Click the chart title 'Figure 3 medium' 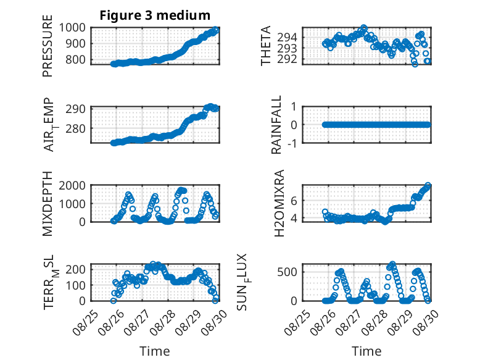tap(155, 15)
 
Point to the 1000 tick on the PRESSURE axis tap(72, 28)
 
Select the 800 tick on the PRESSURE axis tap(76, 59)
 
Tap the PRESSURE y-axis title tap(48, 46)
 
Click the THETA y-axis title tap(266, 46)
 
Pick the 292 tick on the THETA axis tap(287, 59)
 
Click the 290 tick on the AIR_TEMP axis tap(76, 109)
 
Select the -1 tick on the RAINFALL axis tap(292, 143)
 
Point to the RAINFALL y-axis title tap(276, 125)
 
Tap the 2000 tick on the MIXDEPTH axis tap(72, 185)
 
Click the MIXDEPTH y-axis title tap(48, 204)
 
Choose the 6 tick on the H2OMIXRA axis tap(294, 201)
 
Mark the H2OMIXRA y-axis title tap(279, 203)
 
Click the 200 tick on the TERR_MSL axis tap(76, 269)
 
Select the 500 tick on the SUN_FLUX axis tap(287, 272)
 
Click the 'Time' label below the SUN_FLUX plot tap(366, 351)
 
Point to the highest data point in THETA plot tap(363, 28)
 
